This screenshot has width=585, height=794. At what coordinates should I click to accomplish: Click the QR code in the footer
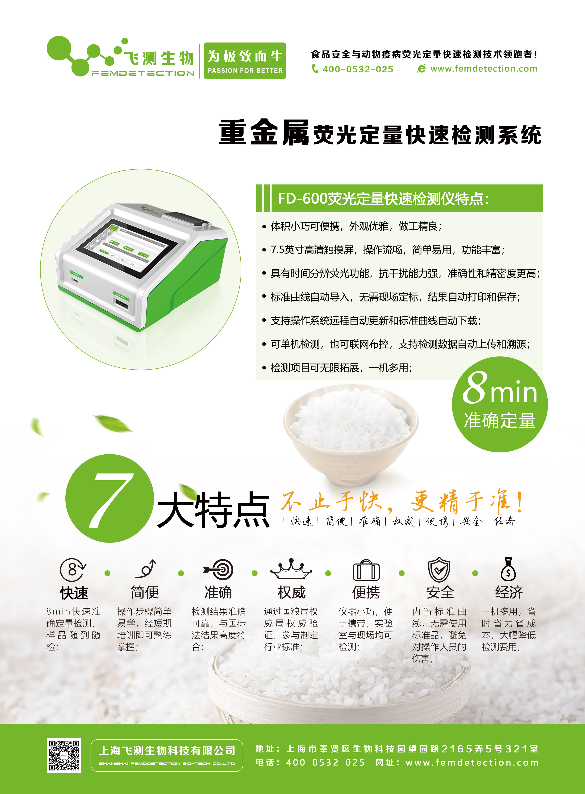click(64, 755)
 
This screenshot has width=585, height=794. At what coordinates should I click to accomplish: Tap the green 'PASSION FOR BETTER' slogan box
click(245, 61)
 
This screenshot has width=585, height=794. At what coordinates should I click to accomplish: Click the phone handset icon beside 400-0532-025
click(315, 69)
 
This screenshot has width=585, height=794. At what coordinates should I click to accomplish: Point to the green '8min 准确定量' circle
click(500, 404)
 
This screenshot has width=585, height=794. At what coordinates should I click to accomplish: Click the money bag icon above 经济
click(508, 569)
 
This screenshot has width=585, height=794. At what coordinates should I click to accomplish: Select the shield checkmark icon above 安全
click(439, 569)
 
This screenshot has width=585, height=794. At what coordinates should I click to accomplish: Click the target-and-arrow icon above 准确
click(218, 569)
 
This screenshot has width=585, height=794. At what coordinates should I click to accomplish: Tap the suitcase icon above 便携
click(366, 570)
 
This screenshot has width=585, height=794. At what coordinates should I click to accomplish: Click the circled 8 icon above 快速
click(73, 569)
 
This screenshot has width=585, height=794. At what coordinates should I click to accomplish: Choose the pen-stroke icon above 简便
click(146, 569)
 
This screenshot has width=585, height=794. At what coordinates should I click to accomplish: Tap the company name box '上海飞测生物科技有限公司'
click(167, 755)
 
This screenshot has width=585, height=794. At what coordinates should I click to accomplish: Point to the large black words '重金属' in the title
click(264, 133)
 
